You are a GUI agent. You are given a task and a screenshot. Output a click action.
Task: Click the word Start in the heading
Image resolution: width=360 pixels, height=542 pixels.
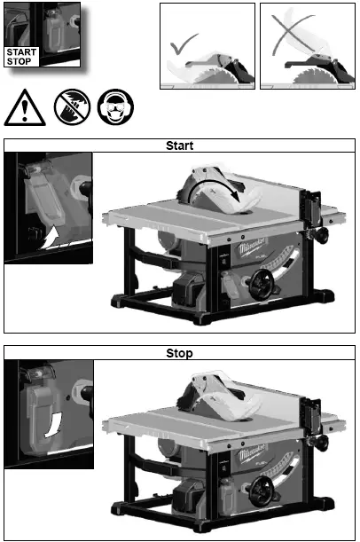tap(180, 145)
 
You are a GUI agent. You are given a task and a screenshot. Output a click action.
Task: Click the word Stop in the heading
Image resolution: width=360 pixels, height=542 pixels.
tap(180, 353)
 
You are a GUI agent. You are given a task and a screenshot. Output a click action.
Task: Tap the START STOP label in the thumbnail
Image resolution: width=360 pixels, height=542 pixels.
tap(21, 57)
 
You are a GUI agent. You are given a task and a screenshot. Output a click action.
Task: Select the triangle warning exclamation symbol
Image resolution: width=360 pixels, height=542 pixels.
tap(23, 108)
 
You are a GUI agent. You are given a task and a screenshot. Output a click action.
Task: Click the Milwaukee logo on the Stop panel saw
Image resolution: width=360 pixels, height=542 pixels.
tap(246, 460)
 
